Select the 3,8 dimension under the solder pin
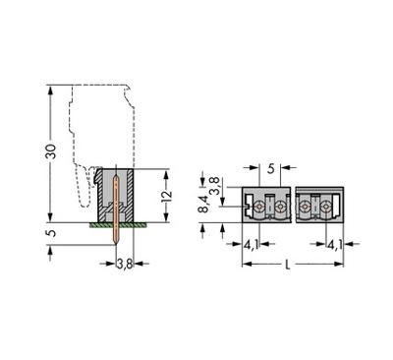click(x=125, y=264)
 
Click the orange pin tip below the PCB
click(x=117, y=241)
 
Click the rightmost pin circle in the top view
click(x=325, y=208)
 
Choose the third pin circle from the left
click(x=307, y=208)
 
